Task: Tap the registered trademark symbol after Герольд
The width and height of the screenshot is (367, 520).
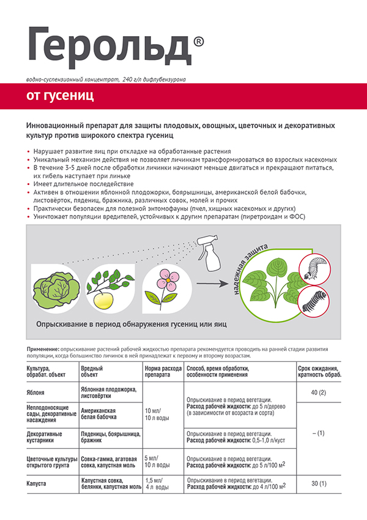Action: click(x=199, y=41)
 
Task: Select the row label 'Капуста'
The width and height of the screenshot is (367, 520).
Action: click(x=39, y=483)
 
